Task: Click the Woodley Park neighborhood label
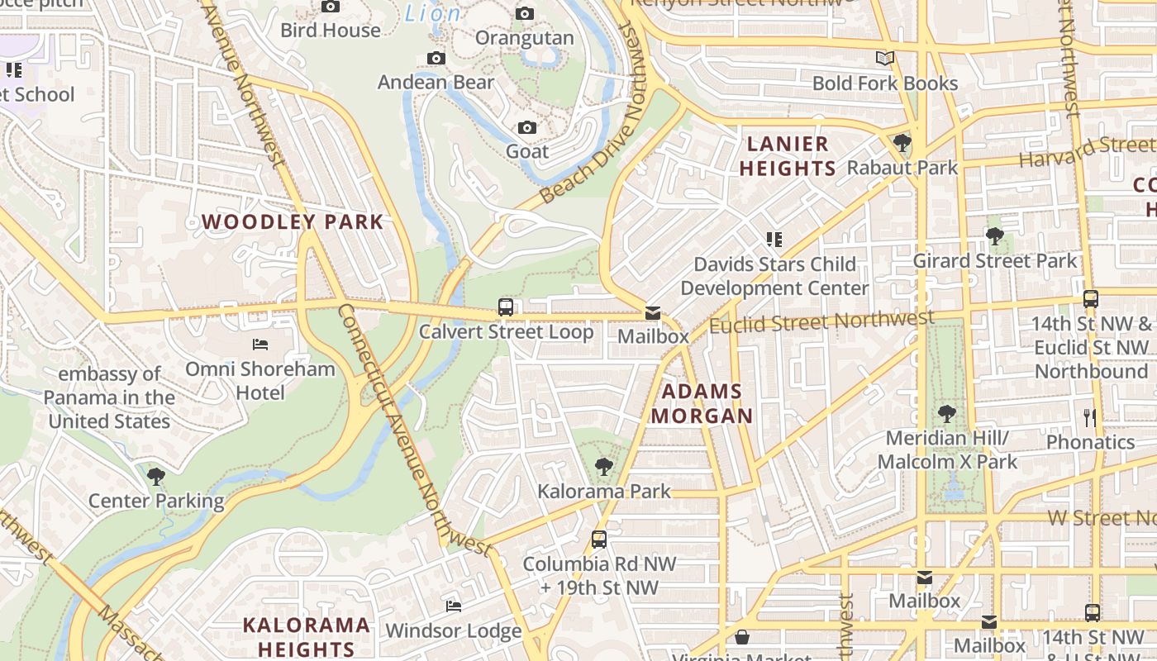293,221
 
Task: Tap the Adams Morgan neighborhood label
702,403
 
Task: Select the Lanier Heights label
788,156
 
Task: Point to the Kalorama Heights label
307,636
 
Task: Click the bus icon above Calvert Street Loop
506,307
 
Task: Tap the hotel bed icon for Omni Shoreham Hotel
260,344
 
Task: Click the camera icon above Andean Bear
436,58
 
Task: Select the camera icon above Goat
527,127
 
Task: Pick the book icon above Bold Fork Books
885,59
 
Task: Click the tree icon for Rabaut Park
902,144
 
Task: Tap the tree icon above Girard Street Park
994,236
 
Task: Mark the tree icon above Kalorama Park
604,467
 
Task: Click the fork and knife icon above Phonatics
1090,417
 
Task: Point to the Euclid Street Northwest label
821,321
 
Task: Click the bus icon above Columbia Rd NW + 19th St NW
599,540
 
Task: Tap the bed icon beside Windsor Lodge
454,606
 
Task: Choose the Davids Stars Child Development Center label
774,276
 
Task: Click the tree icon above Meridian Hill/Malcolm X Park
947,413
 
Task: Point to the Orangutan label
524,38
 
